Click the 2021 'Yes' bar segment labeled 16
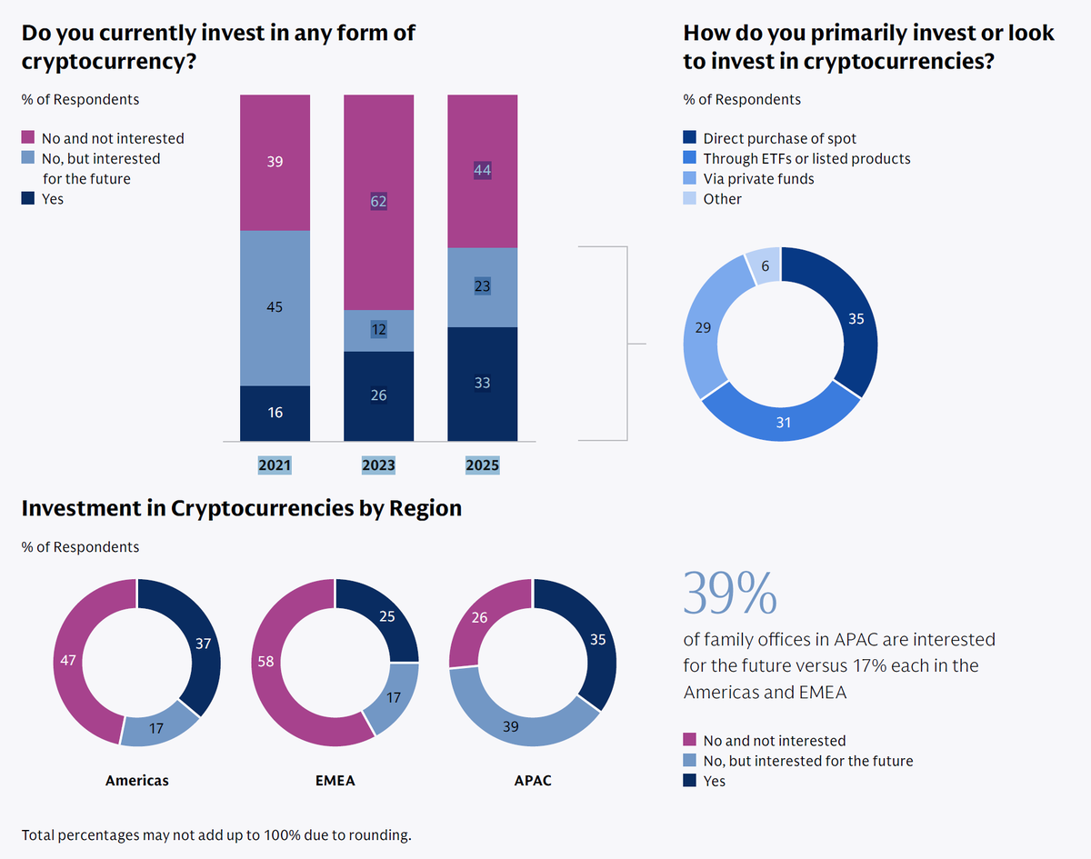click(275, 413)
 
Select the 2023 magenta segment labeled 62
click(378, 202)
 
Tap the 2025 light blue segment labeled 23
click(482, 286)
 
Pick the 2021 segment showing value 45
click(275, 307)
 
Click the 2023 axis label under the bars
click(378, 464)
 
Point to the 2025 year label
click(482, 464)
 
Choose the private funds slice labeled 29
click(706, 327)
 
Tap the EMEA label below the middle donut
click(335, 780)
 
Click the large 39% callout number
click(729, 594)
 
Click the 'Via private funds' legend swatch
click(690, 179)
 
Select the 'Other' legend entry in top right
click(722, 199)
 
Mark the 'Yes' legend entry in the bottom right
click(714, 781)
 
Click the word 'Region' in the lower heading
click(425, 508)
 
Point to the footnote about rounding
click(216, 834)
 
